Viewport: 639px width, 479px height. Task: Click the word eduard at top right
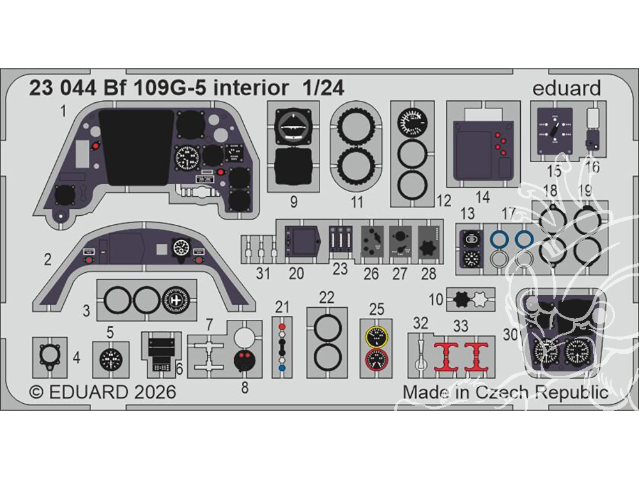pyautogui.click(x=566, y=89)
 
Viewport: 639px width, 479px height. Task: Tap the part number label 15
pyautogui.click(x=554, y=171)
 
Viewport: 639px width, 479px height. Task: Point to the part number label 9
pyautogui.click(x=293, y=202)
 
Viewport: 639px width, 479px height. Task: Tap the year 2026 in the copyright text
pyautogui.click(x=151, y=392)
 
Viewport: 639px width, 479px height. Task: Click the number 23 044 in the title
pyautogui.click(x=60, y=89)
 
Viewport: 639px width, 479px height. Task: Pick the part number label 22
pyautogui.click(x=327, y=297)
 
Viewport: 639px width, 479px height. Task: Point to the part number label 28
pyautogui.click(x=428, y=274)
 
